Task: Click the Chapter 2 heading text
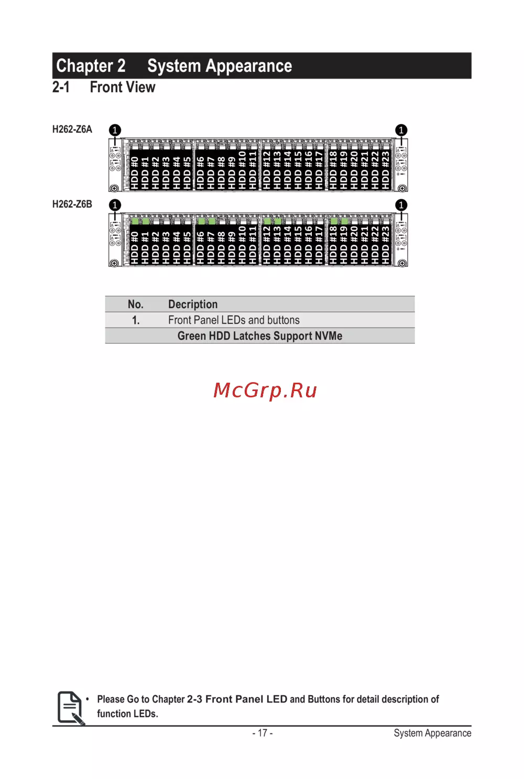[91, 66]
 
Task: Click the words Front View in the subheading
[123, 87]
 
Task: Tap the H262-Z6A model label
[72, 129]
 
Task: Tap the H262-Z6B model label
[72, 204]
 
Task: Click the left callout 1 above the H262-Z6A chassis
[115, 130]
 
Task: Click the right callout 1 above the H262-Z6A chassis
[401, 130]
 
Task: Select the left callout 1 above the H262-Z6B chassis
[115, 205]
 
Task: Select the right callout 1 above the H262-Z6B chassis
[401, 205]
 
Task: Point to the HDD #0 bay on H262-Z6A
[135, 171]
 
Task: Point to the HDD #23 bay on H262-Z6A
[386, 171]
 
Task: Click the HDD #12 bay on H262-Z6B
[267, 244]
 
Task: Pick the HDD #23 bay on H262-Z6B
[386, 244]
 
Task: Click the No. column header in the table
[135, 305]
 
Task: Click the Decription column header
[193, 305]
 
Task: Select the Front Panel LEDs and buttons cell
[234, 320]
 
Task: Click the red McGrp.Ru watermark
[265, 391]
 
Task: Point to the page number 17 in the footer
[263, 733]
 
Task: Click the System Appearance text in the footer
[432, 733]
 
